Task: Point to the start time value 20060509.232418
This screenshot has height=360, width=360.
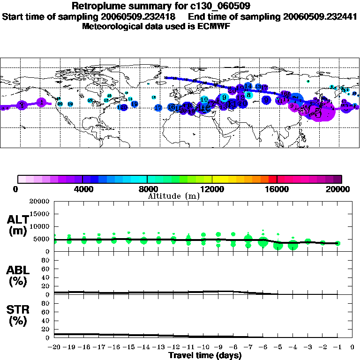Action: click(x=145, y=16)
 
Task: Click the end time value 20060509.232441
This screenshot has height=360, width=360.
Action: click(x=320, y=16)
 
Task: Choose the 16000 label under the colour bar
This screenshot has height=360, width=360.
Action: click(x=277, y=189)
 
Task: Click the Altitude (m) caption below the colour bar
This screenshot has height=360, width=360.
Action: click(x=174, y=196)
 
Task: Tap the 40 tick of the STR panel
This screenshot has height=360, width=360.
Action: click(x=46, y=321)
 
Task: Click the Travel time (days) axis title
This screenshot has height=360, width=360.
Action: click(x=205, y=356)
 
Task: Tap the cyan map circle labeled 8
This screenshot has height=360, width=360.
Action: click(x=248, y=95)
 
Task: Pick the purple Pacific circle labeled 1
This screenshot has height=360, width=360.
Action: click(x=41, y=102)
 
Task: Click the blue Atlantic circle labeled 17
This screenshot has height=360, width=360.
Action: click(x=158, y=108)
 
